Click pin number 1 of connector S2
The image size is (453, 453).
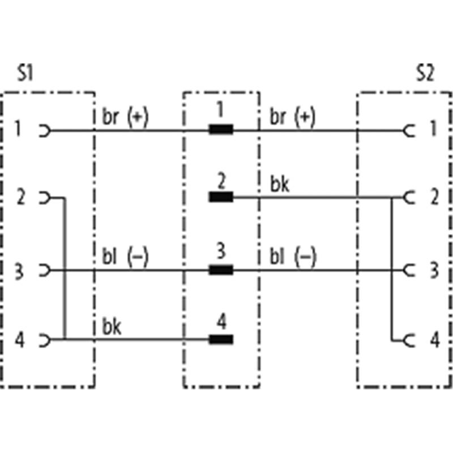coord(433,131)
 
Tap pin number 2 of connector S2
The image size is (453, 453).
coord(433,198)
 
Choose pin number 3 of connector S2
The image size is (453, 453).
coord(433,270)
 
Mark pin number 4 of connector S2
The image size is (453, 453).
coord(433,340)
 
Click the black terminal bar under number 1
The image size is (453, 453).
coord(221,130)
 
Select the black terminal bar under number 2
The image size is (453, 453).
coord(221,197)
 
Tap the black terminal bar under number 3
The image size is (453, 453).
coord(221,270)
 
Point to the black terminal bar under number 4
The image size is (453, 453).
coord(221,340)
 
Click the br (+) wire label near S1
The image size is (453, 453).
coord(125,117)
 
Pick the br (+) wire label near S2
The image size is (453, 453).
coord(292,117)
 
